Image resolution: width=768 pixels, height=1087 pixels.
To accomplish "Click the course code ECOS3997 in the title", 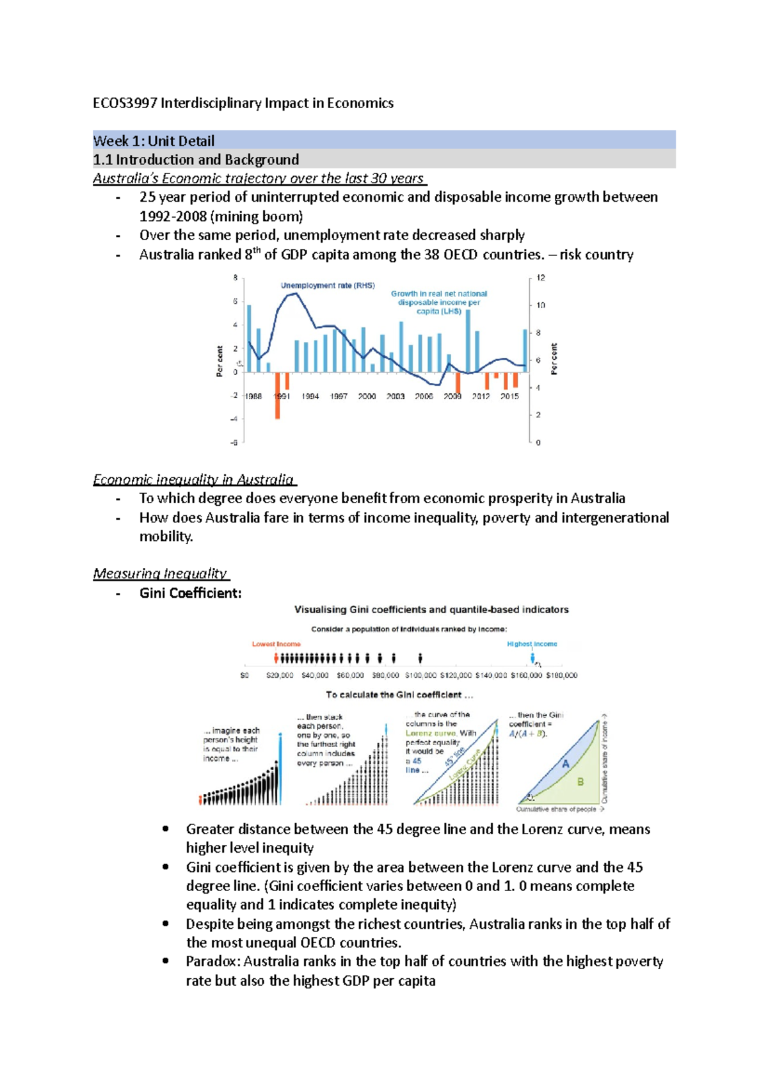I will pyautogui.click(x=125, y=103).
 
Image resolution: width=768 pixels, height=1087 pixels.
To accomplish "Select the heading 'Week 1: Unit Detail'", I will pyautogui.click(x=154, y=141).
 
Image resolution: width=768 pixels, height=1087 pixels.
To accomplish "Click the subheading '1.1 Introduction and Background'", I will pyautogui.click(x=196, y=159).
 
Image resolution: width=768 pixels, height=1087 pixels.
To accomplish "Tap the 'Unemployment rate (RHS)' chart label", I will pyautogui.click(x=328, y=286).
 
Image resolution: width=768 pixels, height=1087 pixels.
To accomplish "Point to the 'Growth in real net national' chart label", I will pyautogui.click(x=439, y=294).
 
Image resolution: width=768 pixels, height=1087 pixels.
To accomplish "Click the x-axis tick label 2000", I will pyautogui.click(x=367, y=396).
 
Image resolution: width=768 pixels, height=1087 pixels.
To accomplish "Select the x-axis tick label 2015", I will pyautogui.click(x=509, y=396).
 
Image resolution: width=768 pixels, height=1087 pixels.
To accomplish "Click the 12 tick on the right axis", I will pyautogui.click(x=541, y=278).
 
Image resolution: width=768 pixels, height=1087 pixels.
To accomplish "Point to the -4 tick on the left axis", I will pyautogui.click(x=234, y=419).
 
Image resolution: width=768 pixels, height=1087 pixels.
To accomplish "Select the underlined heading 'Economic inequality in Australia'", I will pyautogui.click(x=193, y=479).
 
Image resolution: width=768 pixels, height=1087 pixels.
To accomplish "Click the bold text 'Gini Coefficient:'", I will pyautogui.click(x=191, y=593).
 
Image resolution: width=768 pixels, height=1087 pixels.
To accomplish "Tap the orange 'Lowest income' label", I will pyautogui.click(x=276, y=644).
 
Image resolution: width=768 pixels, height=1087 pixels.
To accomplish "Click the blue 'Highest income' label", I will pyautogui.click(x=532, y=644).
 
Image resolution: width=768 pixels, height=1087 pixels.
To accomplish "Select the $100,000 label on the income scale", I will pyautogui.click(x=420, y=675).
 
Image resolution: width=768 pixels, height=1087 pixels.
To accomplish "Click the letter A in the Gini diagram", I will pyautogui.click(x=565, y=764).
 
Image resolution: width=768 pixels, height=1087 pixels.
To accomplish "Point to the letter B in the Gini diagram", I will pyautogui.click(x=580, y=782).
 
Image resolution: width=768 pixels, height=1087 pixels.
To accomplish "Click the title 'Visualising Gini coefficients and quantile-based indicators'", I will pyautogui.click(x=431, y=609).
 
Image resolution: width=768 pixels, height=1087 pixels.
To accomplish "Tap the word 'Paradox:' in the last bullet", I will pyautogui.click(x=212, y=962).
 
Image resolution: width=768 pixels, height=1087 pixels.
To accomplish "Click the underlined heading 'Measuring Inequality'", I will pyautogui.click(x=160, y=574).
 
